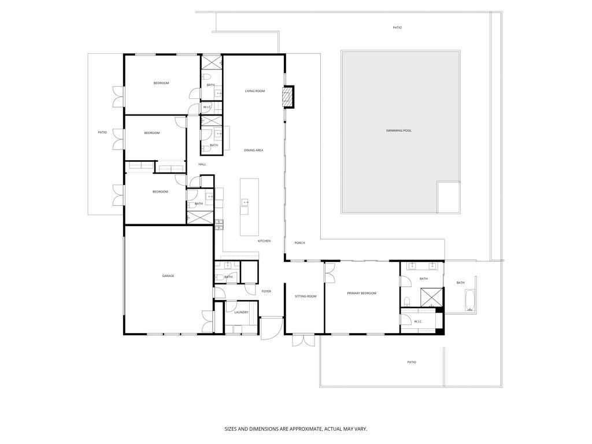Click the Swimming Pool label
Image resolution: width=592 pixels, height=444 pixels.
(x=399, y=131)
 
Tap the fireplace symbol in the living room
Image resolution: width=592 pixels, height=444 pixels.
(x=288, y=97)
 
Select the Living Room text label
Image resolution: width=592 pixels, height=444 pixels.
(x=254, y=91)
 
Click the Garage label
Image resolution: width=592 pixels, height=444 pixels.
(x=168, y=276)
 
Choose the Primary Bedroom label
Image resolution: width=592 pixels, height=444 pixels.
(x=361, y=293)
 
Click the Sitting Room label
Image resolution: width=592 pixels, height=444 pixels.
(x=305, y=296)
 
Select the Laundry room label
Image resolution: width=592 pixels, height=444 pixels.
(x=241, y=312)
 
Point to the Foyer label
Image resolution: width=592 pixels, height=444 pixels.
(x=266, y=291)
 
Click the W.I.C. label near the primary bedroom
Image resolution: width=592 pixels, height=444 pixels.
(x=418, y=321)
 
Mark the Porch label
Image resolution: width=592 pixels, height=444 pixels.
(x=299, y=243)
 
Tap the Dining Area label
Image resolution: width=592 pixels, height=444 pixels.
(x=253, y=150)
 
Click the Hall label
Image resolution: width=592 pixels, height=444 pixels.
(x=202, y=164)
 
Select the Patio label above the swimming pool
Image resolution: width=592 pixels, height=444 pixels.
(x=397, y=27)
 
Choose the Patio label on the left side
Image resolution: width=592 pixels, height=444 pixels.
(x=102, y=132)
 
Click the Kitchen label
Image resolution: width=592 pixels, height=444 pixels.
(x=264, y=240)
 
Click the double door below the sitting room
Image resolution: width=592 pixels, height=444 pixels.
(x=301, y=340)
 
